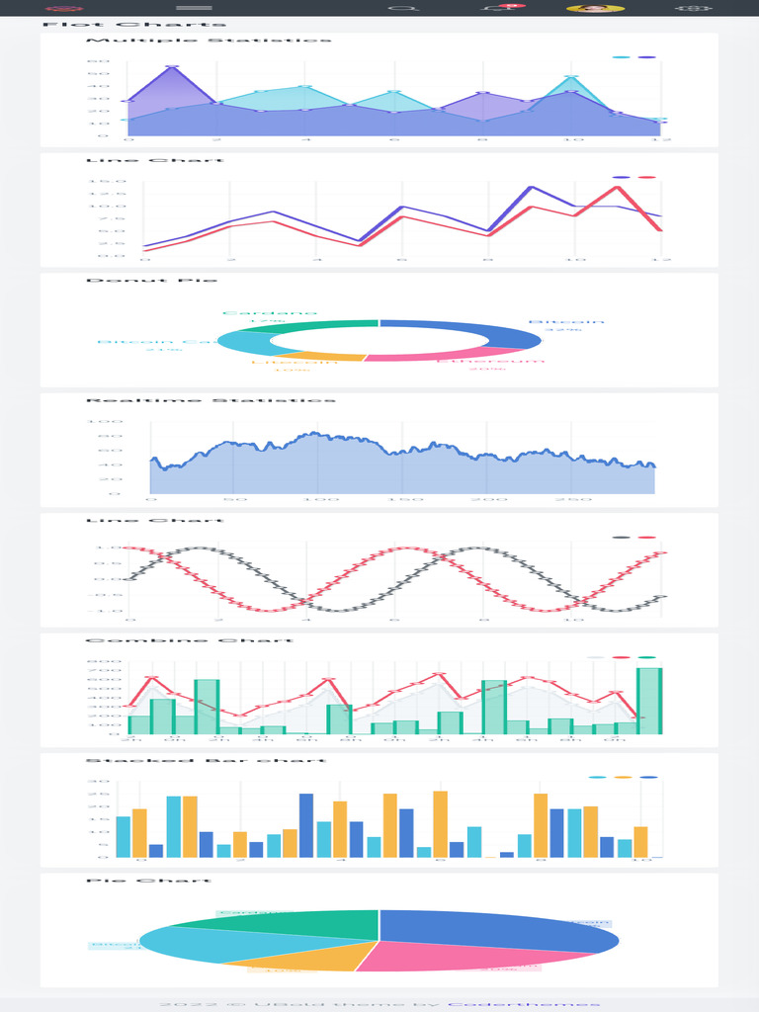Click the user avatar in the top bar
[594, 9]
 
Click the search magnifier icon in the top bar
[401, 9]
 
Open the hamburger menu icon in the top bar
[194, 9]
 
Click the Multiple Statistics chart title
[209, 41]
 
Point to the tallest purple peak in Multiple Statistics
[173, 67]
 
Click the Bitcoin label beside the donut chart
[565, 322]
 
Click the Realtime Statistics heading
[211, 400]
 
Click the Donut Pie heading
[151, 281]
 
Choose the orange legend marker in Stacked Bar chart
[623, 778]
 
